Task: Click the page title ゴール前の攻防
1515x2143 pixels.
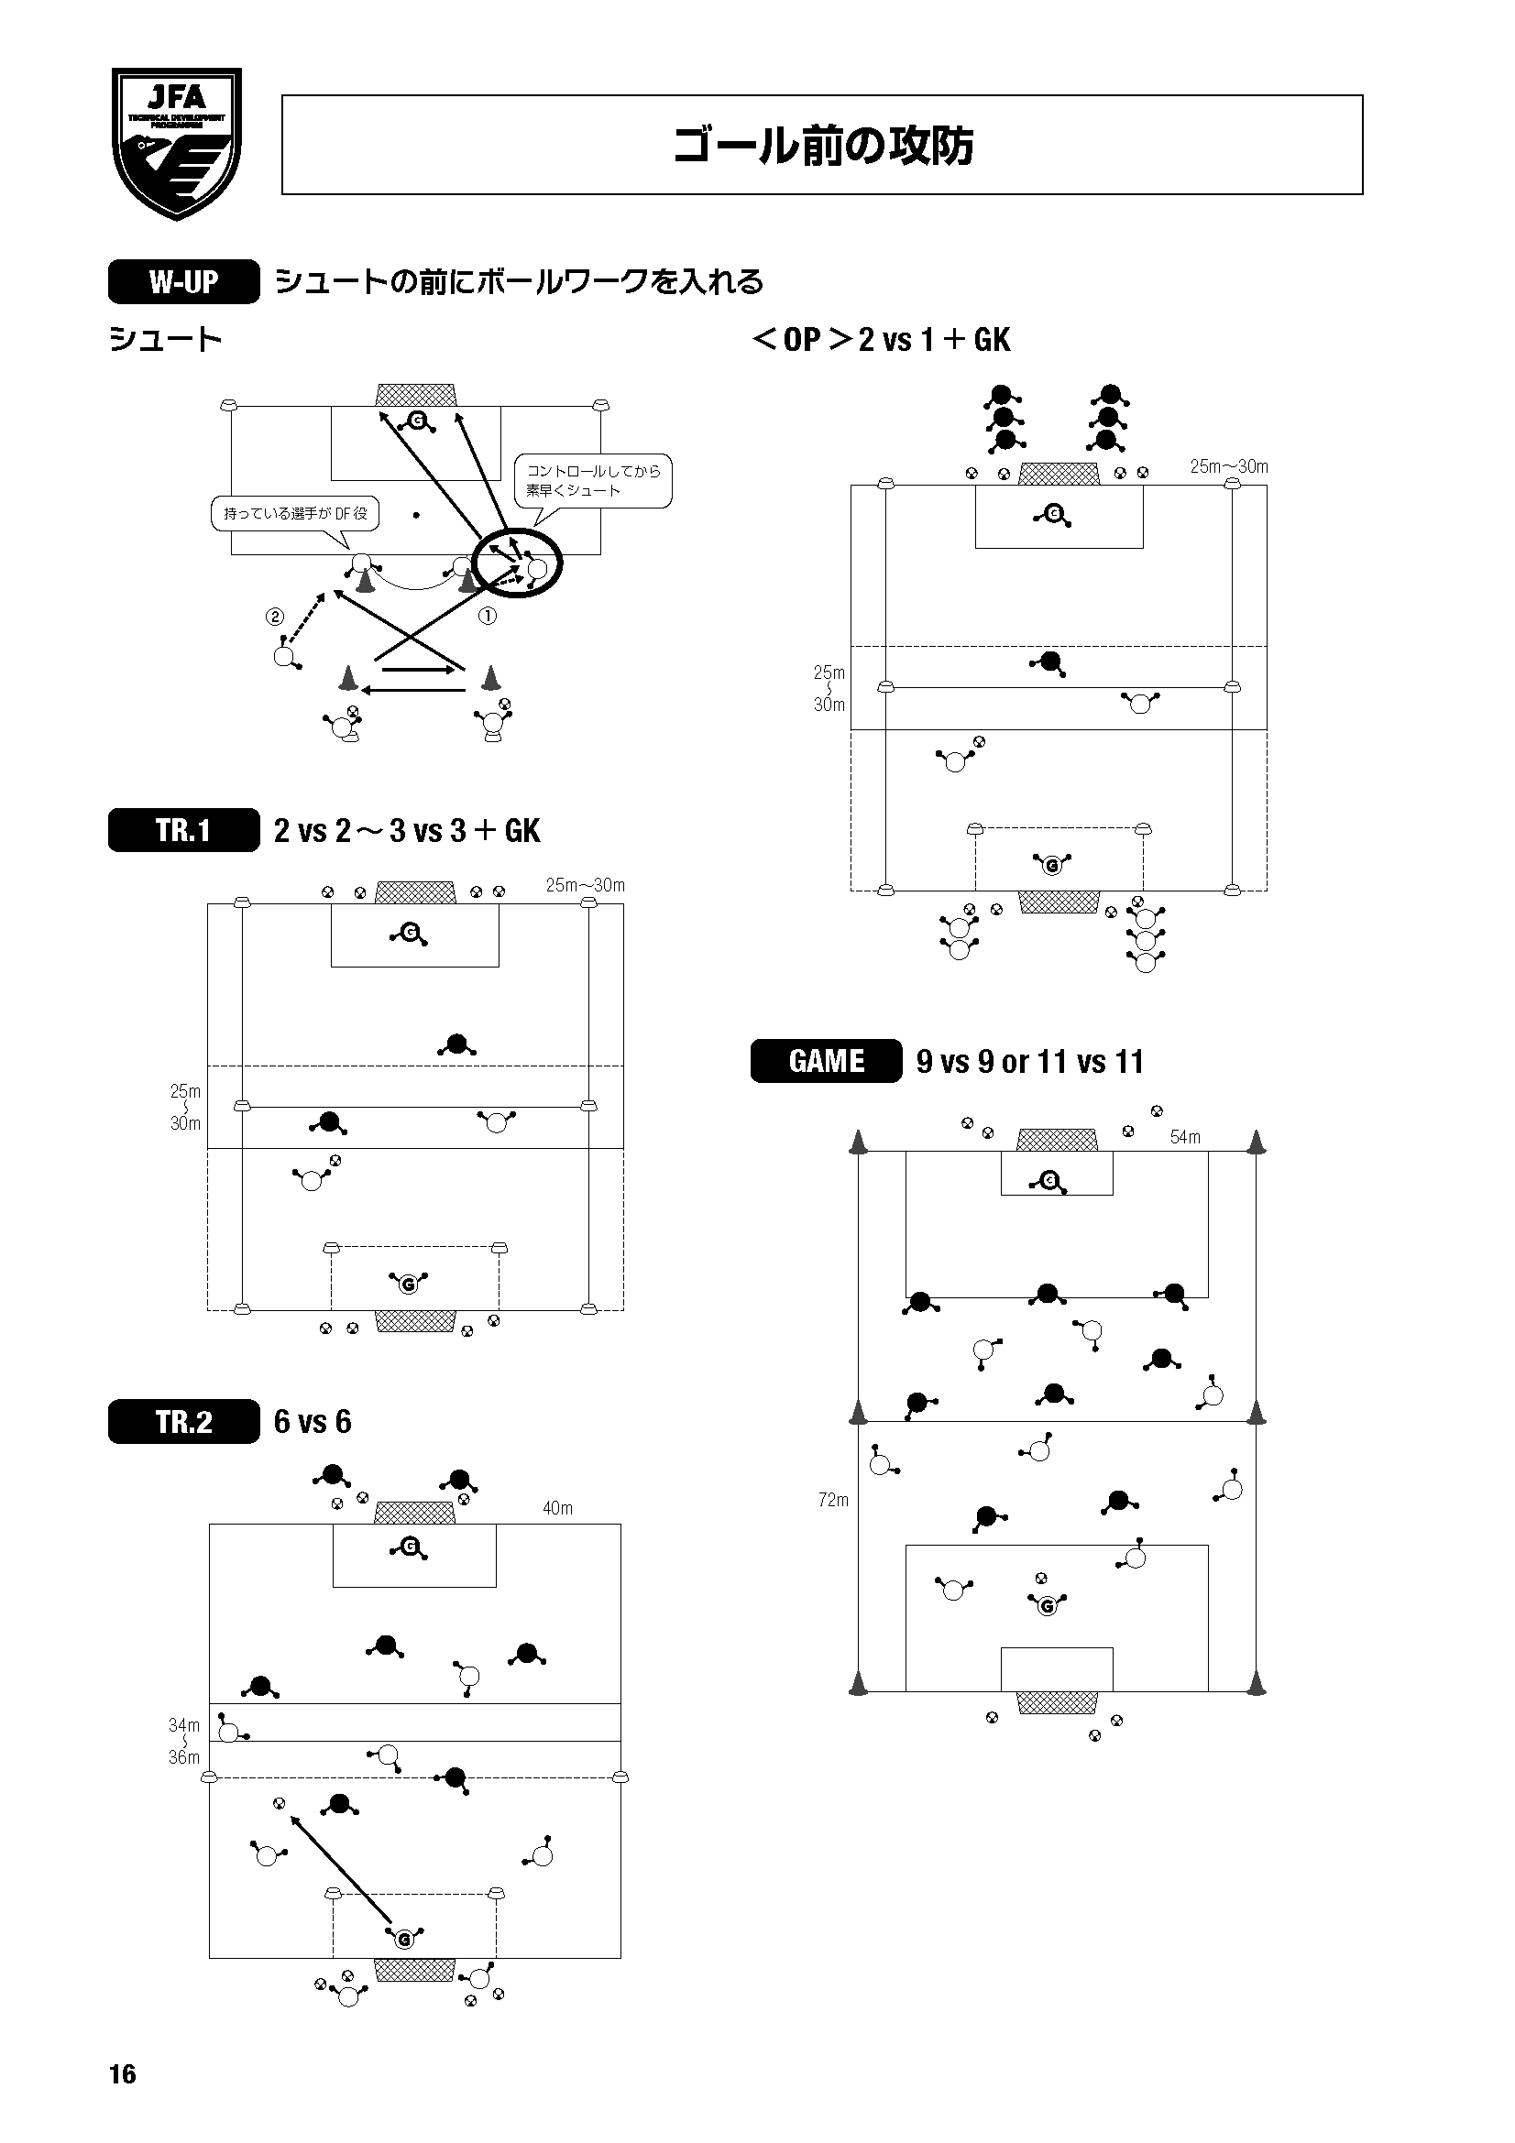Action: click(x=822, y=146)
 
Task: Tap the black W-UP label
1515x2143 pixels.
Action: click(x=184, y=282)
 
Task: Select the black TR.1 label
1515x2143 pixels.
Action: click(x=184, y=830)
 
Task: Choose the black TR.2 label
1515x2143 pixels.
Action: click(x=184, y=1422)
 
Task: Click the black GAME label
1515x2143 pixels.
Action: click(x=826, y=1061)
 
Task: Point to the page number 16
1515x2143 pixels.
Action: click(x=123, y=2074)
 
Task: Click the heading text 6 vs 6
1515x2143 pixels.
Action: click(x=313, y=1422)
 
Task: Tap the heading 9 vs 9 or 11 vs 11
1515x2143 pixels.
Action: click(x=1029, y=1062)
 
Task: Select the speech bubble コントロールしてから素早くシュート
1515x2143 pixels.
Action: click(x=594, y=481)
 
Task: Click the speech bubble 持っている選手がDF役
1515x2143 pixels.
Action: click(x=295, y=513)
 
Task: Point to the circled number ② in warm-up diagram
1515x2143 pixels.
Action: click(x=274, y=616)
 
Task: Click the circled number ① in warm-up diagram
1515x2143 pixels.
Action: click(x=488, y=616)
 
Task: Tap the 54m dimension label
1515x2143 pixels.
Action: click(x=1185, y=1137)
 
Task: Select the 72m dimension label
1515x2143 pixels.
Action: click(x=834, y=1500)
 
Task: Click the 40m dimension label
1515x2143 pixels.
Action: click(x=558, y=1508)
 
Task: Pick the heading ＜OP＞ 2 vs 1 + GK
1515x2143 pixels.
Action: click(x=880, y=339)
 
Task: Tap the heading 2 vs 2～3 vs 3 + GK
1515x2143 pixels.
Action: click(x=407, y=831)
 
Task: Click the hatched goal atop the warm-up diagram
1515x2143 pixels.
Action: click(x=416, y=395)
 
